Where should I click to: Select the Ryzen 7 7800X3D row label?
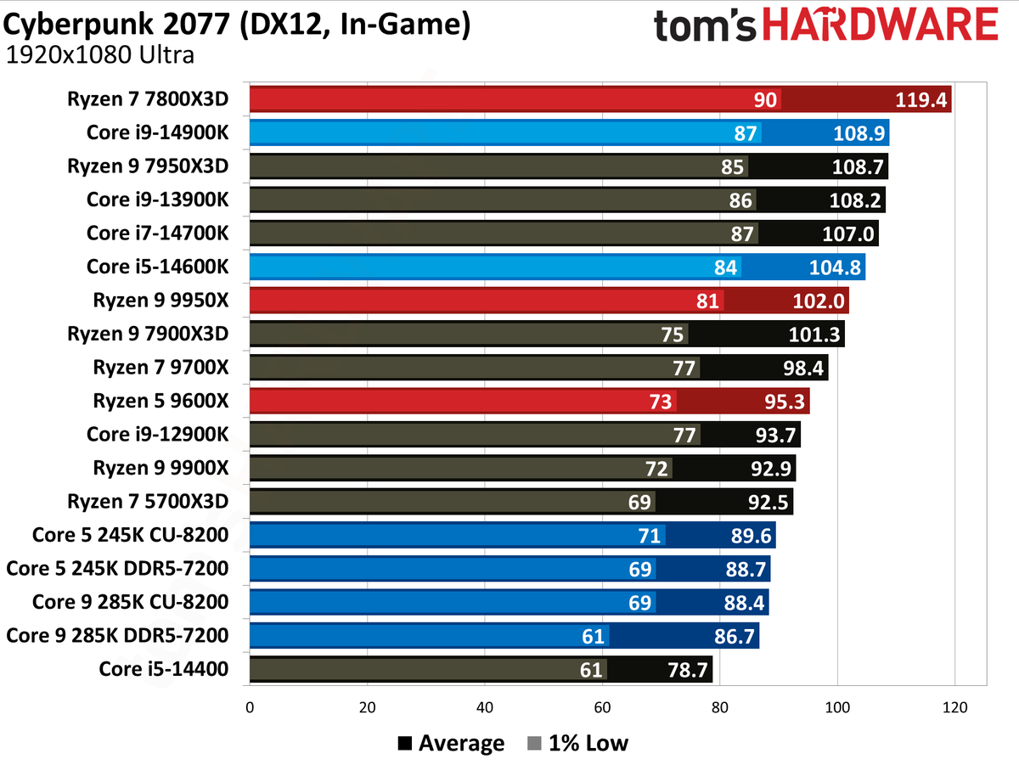[x=148, y=98]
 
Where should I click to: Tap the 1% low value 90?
[x=765, y=99]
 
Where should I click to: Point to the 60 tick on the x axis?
[x=602, y=706]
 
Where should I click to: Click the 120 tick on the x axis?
[x=955, y=706]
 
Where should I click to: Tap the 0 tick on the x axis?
[x=250, y=706]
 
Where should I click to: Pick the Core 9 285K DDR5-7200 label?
[x=117, y=636]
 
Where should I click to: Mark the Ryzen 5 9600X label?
[x=160, y=401]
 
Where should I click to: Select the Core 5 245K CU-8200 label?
[x=130, y=535]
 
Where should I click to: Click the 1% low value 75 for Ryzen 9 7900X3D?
[x=672, y=335]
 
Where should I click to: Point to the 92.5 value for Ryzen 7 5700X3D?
[x=766, y=502]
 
